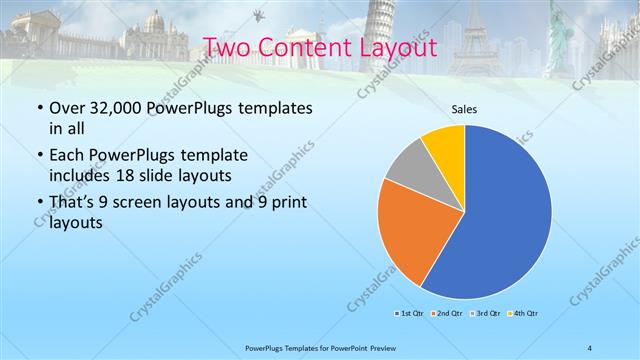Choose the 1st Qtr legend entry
pos(407,314)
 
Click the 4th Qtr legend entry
pos(523,314)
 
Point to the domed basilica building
pos(157,30)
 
